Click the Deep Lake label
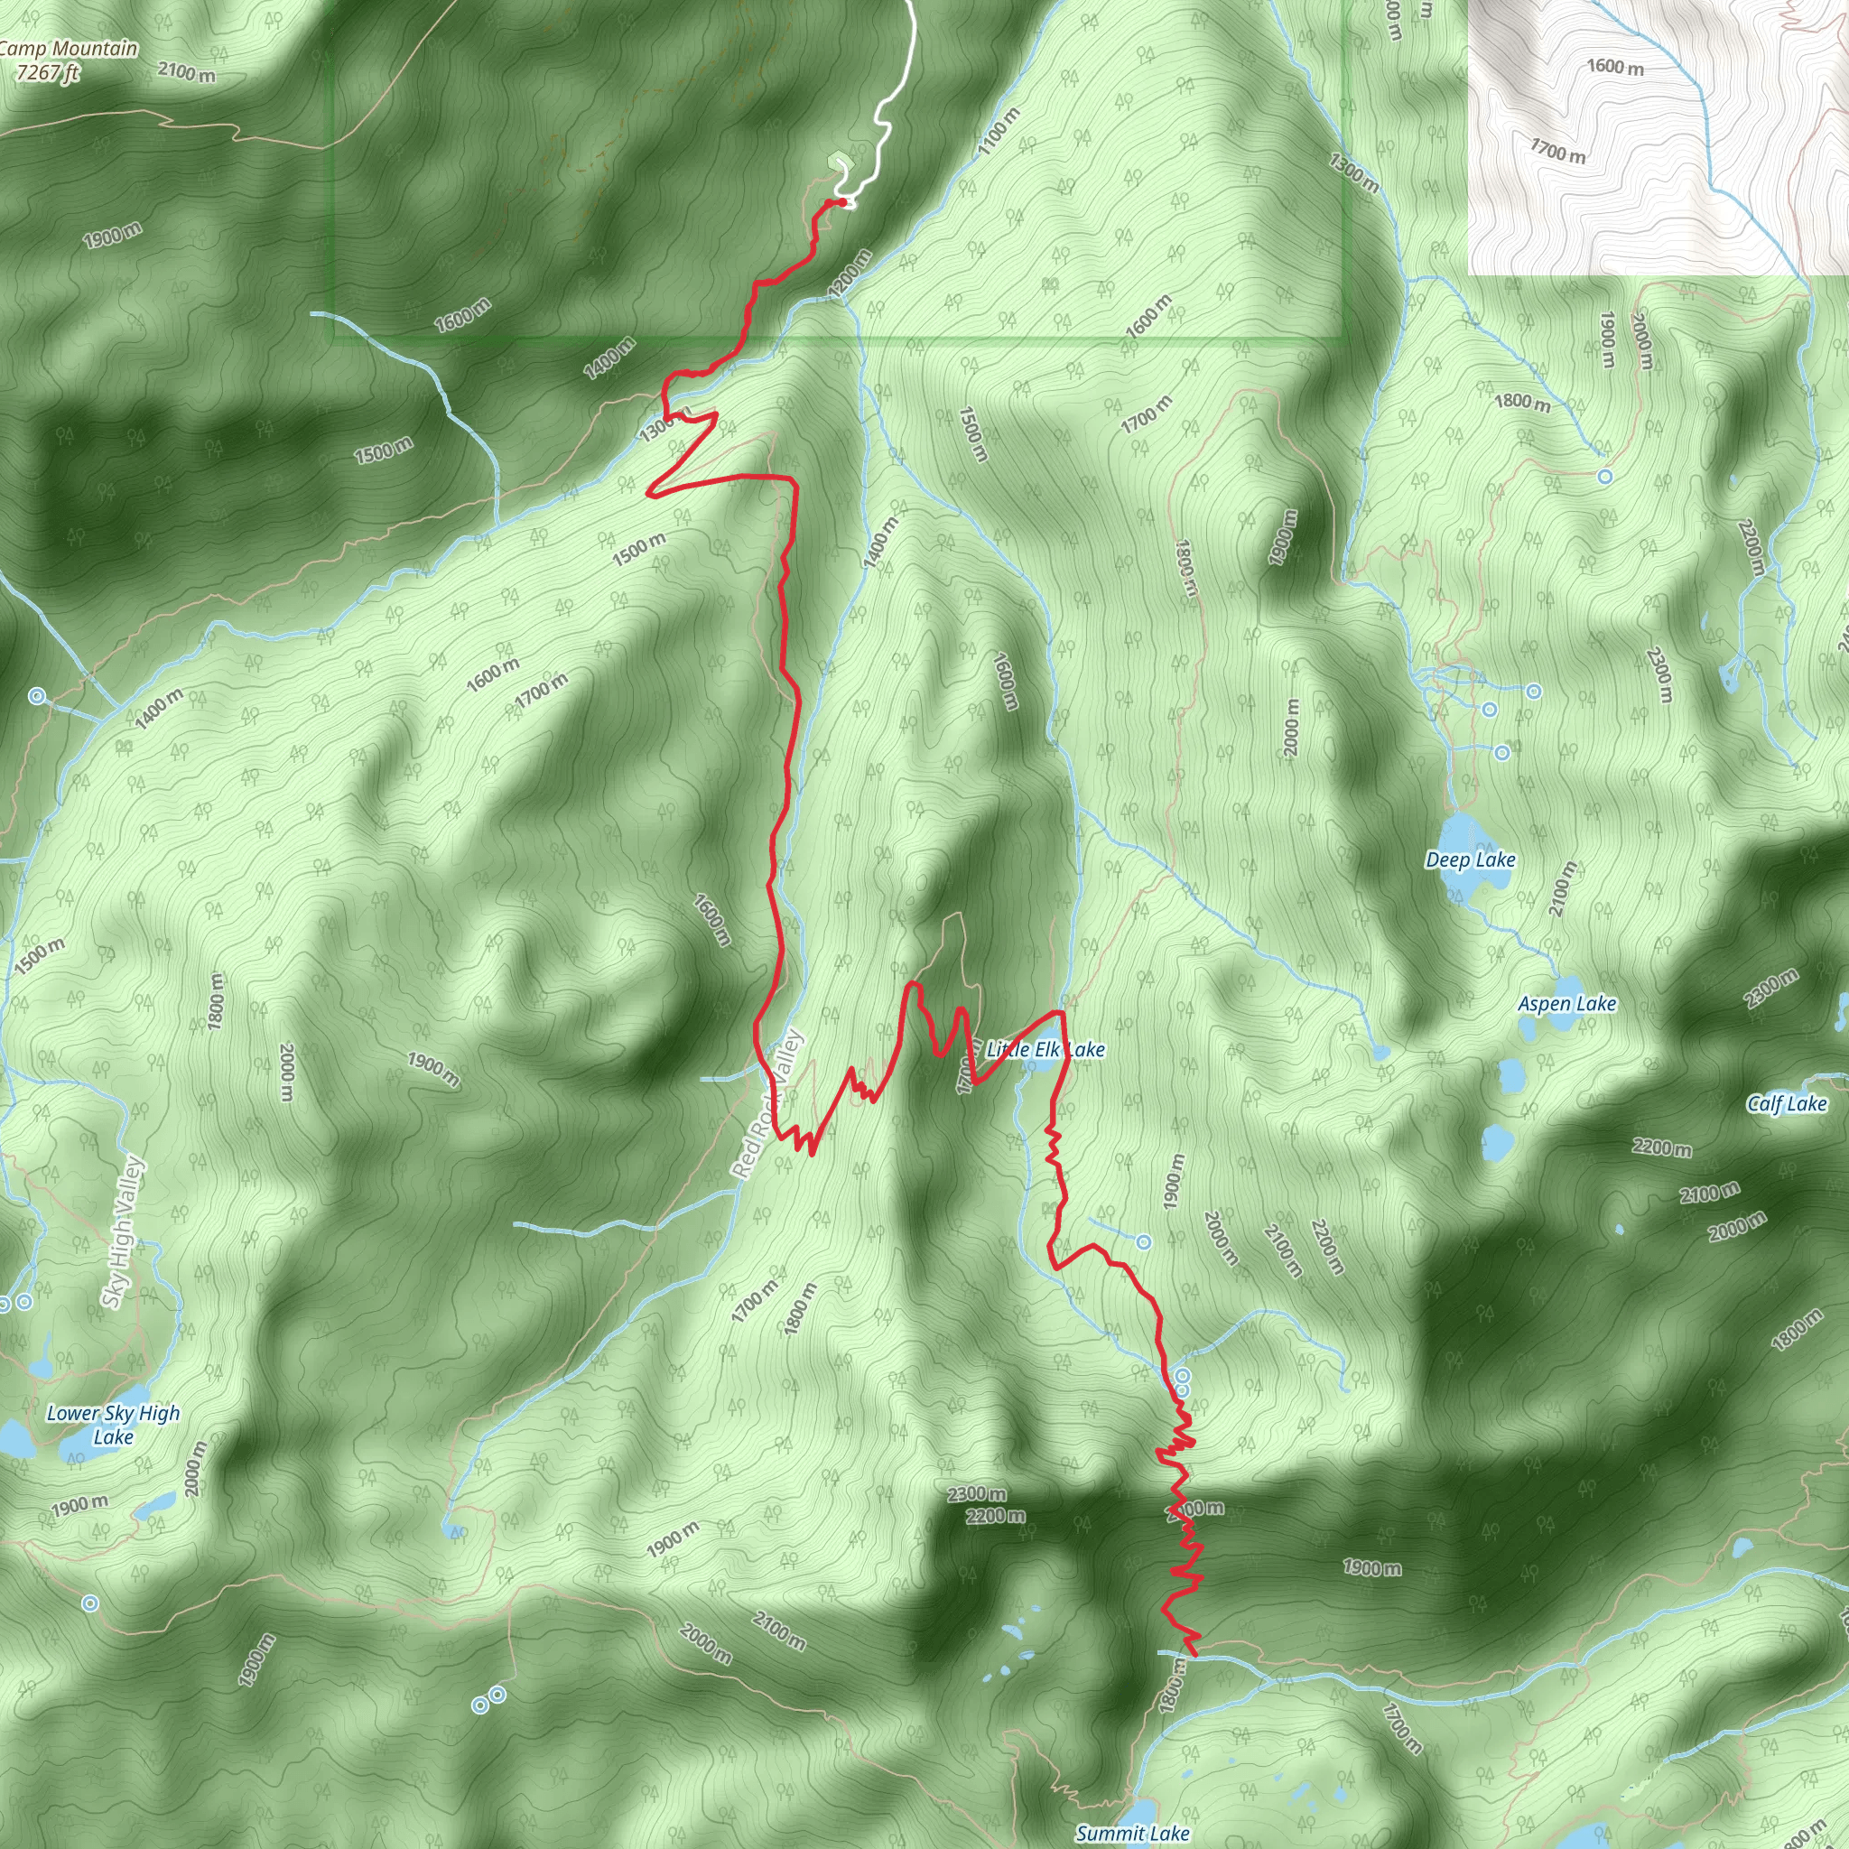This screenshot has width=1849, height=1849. coord(1470,859)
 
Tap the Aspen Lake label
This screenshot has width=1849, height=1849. coord(1566,1003)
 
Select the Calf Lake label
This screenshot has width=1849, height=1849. coord(1787,1103)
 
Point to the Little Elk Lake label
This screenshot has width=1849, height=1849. coord(1045,1049)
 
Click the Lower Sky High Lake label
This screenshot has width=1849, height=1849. coord(113,1424)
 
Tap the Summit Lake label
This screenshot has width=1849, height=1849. coord(1132,1833)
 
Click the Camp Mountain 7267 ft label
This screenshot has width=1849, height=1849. coord(67,60)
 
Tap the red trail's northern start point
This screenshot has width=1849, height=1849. coord(841,201)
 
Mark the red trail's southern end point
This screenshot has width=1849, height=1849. coord(1195,1655)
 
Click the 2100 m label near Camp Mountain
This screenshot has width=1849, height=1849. coord(187,72)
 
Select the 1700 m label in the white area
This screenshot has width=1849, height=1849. coord(1557,151)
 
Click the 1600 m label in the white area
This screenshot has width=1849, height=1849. coord(1615,67)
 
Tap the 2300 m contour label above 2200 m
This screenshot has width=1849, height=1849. coord(977,1494)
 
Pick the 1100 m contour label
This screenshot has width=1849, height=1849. coord(999,132)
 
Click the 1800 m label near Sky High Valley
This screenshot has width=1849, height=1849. coord(218,1001)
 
